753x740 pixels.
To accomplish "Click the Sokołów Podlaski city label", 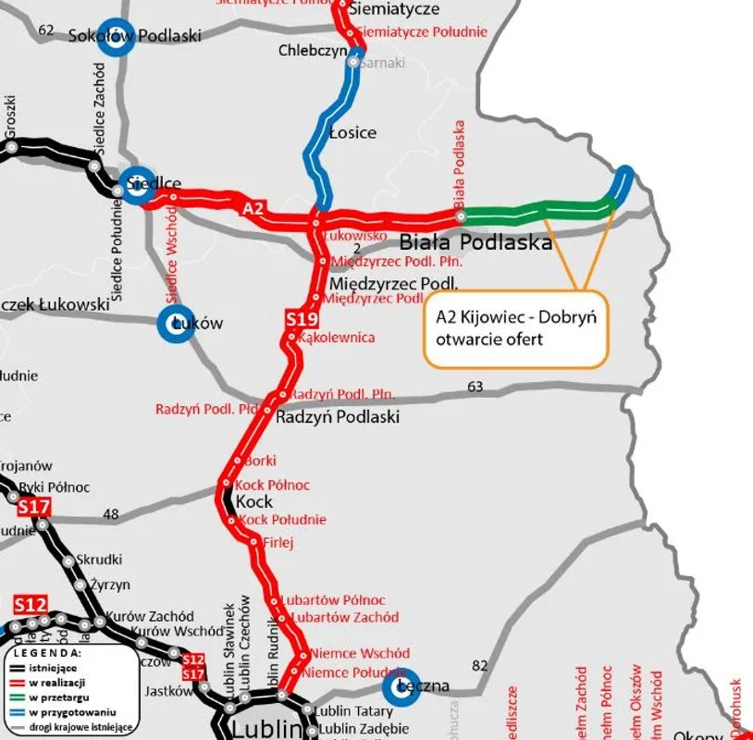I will click(135, 36).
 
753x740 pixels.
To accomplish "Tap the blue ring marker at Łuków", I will click(176, 324).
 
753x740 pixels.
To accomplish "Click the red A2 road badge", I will click(253, 208).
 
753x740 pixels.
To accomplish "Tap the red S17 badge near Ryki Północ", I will click(33, 507).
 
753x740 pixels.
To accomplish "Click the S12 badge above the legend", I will click(30, 605).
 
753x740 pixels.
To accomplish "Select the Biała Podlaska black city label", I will click(475, 242).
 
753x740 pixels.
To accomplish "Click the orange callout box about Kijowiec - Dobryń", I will click(516, 328).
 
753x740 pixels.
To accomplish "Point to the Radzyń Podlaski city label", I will click(338, 417).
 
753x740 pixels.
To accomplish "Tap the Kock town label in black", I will click(254, 501).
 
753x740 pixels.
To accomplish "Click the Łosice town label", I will click(352, 132).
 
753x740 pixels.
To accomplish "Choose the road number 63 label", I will click(475, 387).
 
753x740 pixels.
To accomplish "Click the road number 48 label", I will click(111, 514).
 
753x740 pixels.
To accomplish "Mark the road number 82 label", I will click(479, 666).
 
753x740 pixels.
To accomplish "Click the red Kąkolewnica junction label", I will click(337, 338).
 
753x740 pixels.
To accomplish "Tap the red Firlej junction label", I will click(278, 542).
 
